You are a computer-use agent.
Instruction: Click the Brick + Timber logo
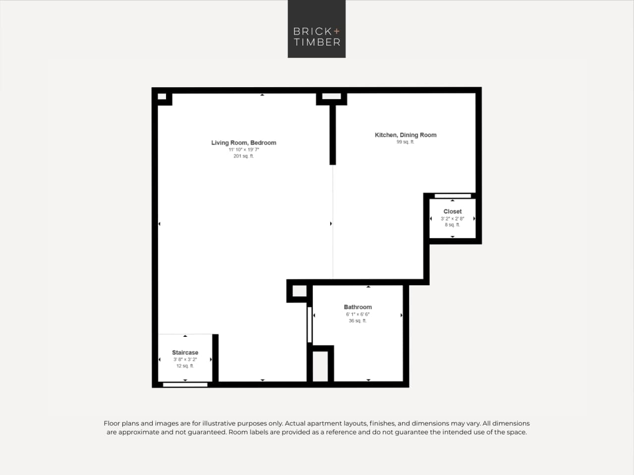316,29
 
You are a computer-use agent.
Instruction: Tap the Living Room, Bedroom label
243,143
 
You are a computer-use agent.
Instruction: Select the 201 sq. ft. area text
243,156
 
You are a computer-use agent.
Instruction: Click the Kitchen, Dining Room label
405,135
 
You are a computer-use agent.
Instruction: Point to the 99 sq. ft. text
405,142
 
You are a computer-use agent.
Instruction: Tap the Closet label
452,211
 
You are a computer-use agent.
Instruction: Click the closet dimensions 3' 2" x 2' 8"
452,218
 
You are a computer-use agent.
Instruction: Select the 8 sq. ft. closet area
452,225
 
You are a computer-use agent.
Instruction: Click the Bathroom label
357,307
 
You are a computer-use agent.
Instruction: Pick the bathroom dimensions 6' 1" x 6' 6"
357,315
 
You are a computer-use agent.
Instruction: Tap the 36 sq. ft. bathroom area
357,321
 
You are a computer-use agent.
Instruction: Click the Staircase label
185,353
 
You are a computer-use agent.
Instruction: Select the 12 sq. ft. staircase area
185,366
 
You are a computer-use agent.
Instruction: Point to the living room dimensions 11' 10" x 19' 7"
243,150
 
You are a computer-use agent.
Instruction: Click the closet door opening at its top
453,196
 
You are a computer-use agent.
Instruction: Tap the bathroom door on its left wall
309,325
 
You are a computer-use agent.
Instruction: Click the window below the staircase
185,385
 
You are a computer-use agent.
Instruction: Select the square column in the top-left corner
162,97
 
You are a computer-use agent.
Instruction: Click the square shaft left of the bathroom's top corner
299,291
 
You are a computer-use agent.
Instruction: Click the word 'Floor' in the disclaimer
112,423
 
